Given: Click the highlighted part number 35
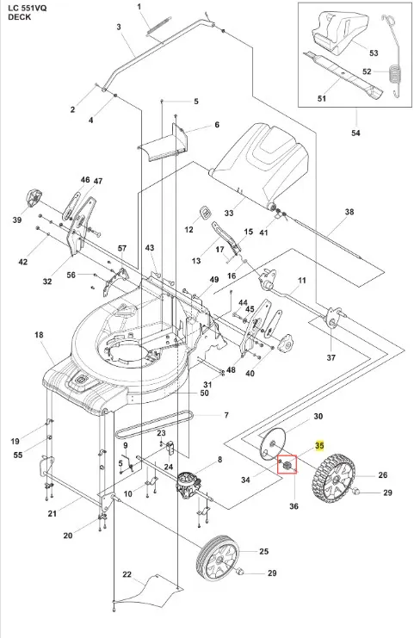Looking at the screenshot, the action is point(319,445).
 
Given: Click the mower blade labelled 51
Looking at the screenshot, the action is point(343,75).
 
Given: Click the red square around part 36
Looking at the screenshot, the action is point(287,465).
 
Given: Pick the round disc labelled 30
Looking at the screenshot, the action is point(274,444).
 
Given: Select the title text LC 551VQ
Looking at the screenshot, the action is point(28,8).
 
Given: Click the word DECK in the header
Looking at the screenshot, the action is point(19,17).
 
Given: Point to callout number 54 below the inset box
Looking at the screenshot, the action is point(355,133).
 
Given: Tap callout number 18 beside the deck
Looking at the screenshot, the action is point(39,335).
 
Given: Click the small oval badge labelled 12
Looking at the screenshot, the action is point(206,212).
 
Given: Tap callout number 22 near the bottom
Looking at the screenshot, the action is point(127,574).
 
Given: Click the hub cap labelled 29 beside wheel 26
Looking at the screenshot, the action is point(356,492).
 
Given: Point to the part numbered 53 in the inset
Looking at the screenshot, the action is point(341,33).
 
